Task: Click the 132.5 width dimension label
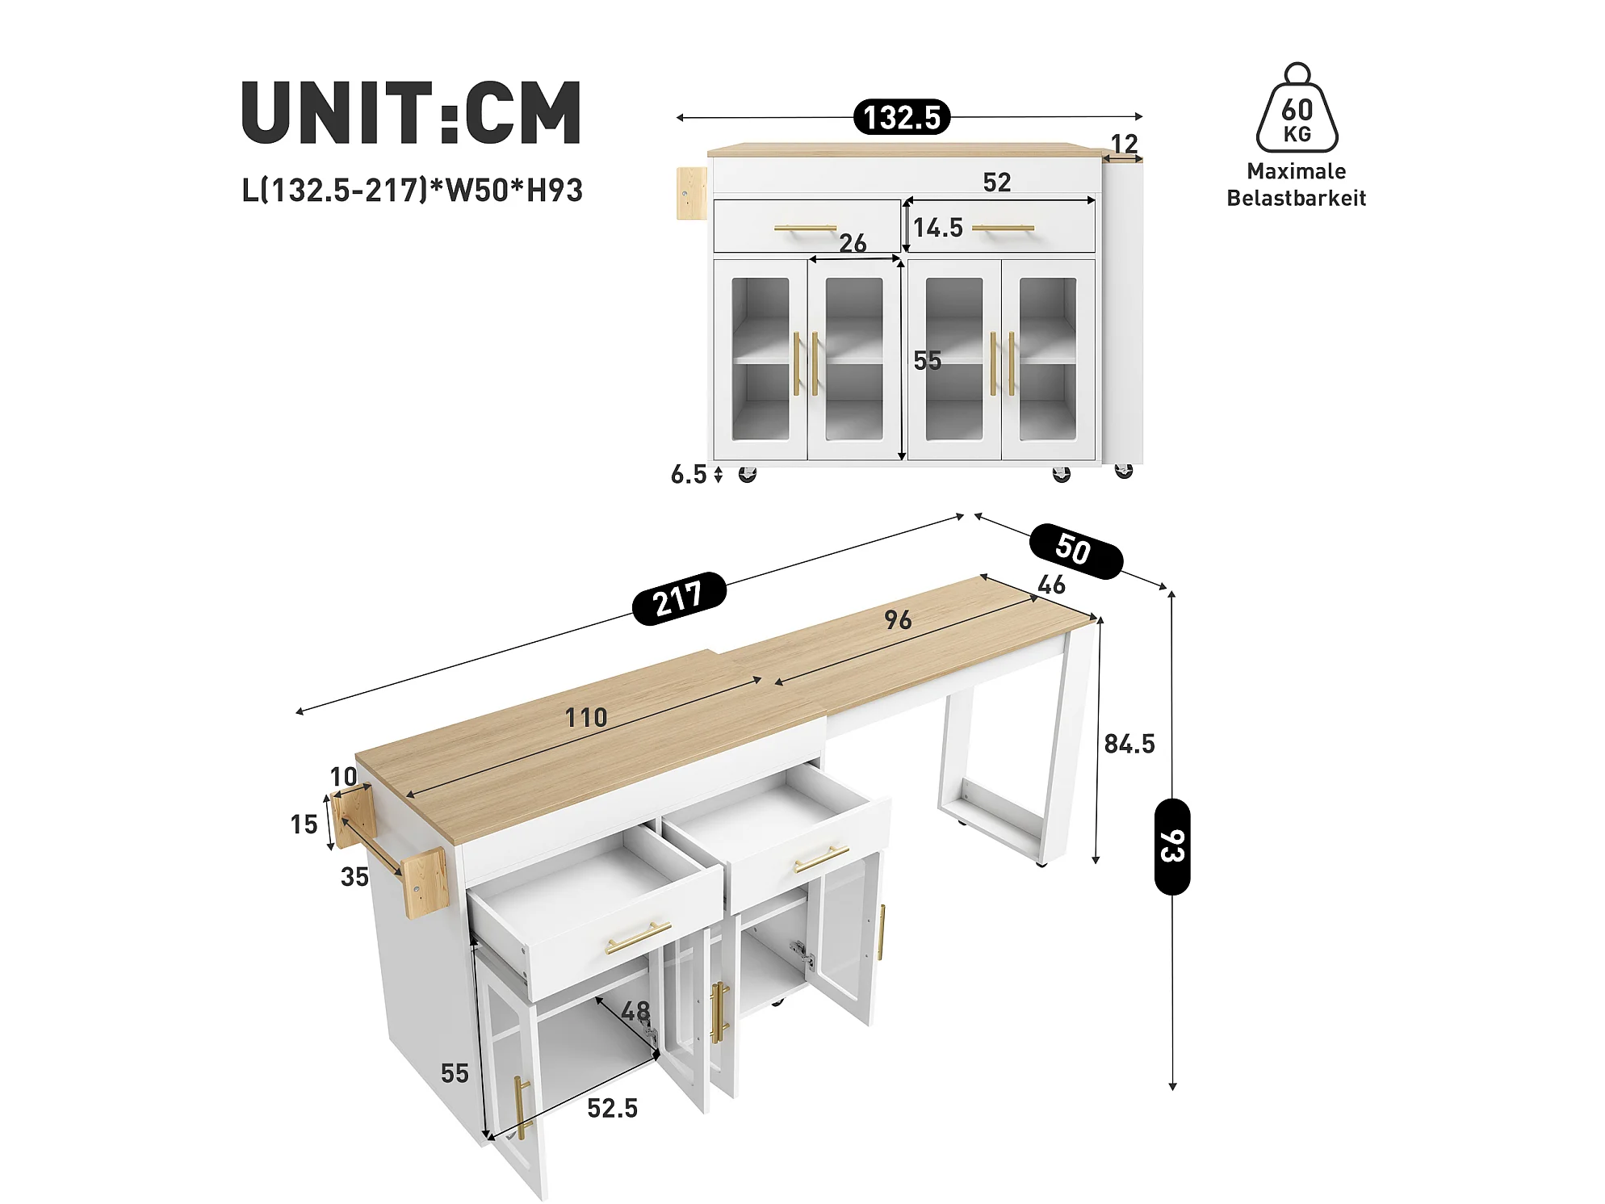tap(902, 117)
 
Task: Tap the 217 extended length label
tap(679, 598)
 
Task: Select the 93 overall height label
tap(1172, 846)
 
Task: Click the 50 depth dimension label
tap(1075, 551)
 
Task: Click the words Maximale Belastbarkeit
tap(1297, 185)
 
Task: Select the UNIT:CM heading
tap(411, 112)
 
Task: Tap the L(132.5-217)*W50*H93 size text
tap(412, 191)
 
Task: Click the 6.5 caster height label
tap(689, 474)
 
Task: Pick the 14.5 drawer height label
tap(938, 228)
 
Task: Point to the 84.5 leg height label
tap(1129, 744)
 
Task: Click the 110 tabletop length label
tap(586, 717)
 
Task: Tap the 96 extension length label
tap(898, 620)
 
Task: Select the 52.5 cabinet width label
tap(613, 1108)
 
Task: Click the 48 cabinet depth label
tap(635, 1010)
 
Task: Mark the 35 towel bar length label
tap(354, 876)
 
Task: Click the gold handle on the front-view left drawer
tap(805, 229)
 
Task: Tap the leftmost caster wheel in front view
tap(748, 474)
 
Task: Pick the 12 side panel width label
tap(1125, 144)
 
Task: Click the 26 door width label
tap(853, 243)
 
